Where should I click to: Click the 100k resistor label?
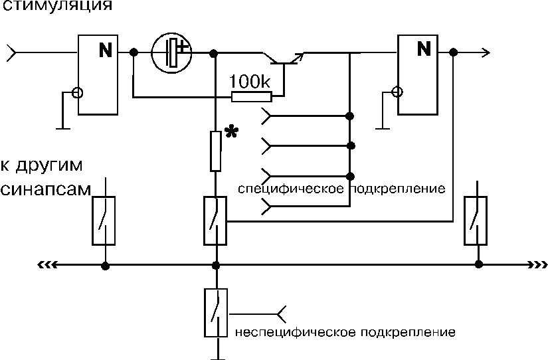click(250, 82)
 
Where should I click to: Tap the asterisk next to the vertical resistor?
click(231, 132)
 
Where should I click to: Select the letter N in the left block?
click(106, 50)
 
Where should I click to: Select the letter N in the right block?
click(424, 48)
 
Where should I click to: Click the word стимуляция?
click(57, 5)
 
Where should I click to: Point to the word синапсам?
click(45, 189)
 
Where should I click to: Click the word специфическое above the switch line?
click(291, 189)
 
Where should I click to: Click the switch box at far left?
click(104, 221)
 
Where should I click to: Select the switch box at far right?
click(476, 221)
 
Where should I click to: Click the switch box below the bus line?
click(216, 312)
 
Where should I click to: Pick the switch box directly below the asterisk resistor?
click(215, 221)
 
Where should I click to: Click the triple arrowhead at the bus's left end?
click(47, 265)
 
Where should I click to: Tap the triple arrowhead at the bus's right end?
click(537, 265)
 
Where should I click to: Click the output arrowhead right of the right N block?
click(485, 52)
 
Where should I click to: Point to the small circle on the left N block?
click(78, 93)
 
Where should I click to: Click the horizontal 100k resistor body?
click(251, 97)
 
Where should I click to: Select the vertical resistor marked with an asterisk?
click(216, 151)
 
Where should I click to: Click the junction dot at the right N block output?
click(453, 52)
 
